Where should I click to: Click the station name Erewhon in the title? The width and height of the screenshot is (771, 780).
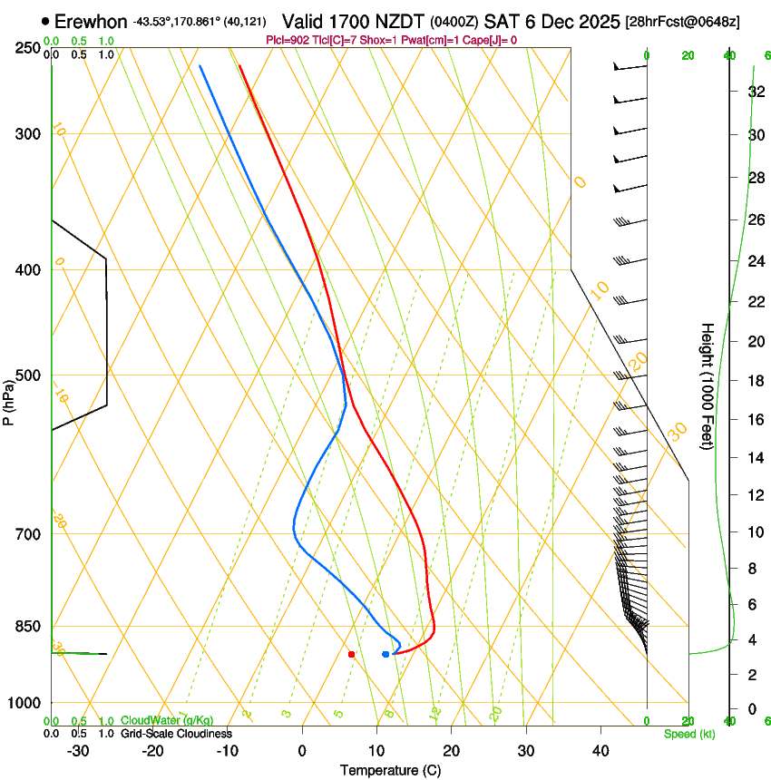tap(91, 21)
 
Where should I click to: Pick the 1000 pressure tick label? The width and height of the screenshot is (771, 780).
tap(25, 702)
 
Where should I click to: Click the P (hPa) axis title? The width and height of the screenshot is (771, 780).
tap(8, 400)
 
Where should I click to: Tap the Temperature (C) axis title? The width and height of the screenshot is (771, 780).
tap(390, 770)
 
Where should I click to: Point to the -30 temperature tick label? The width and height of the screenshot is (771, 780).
tap(78, 750)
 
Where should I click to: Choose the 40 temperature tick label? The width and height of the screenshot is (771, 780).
tap(600, 750)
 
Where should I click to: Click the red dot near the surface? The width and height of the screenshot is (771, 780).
tap(351, 654)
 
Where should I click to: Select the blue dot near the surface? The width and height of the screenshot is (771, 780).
tap(385, 654)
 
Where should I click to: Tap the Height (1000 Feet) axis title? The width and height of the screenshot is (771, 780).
tap(708, 385)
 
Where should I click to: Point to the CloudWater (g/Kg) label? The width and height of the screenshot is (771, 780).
tap(167, 721)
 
